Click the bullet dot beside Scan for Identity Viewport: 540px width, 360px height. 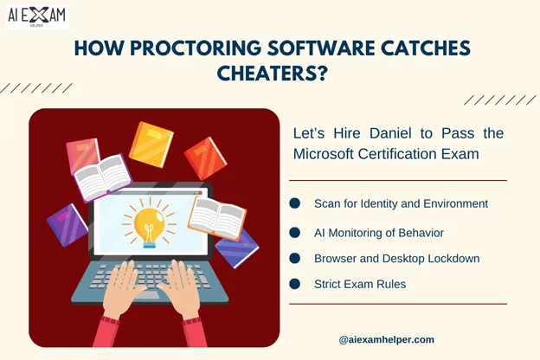pyautogui.click(x=295, y=203)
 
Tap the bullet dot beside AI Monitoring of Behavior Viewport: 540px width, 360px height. pyautogui.click(x=295, y=232)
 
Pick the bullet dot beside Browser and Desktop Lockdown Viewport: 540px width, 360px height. pyautogui.click(x=295, y=258)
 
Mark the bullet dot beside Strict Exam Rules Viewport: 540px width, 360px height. pyautogui.click(x=295, y=283)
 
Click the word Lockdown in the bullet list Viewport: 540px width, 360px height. pyautogui.click(x=453, y=258)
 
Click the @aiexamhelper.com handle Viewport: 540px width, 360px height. pyautogui.click(x=387, y=339)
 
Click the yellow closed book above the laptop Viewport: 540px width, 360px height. pyautogui.click(x=151, y=144)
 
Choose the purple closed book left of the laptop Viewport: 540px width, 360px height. pyautogui.click(x=67, y=223)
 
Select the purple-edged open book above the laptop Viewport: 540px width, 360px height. pyautogui.click(x=101, y=177)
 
